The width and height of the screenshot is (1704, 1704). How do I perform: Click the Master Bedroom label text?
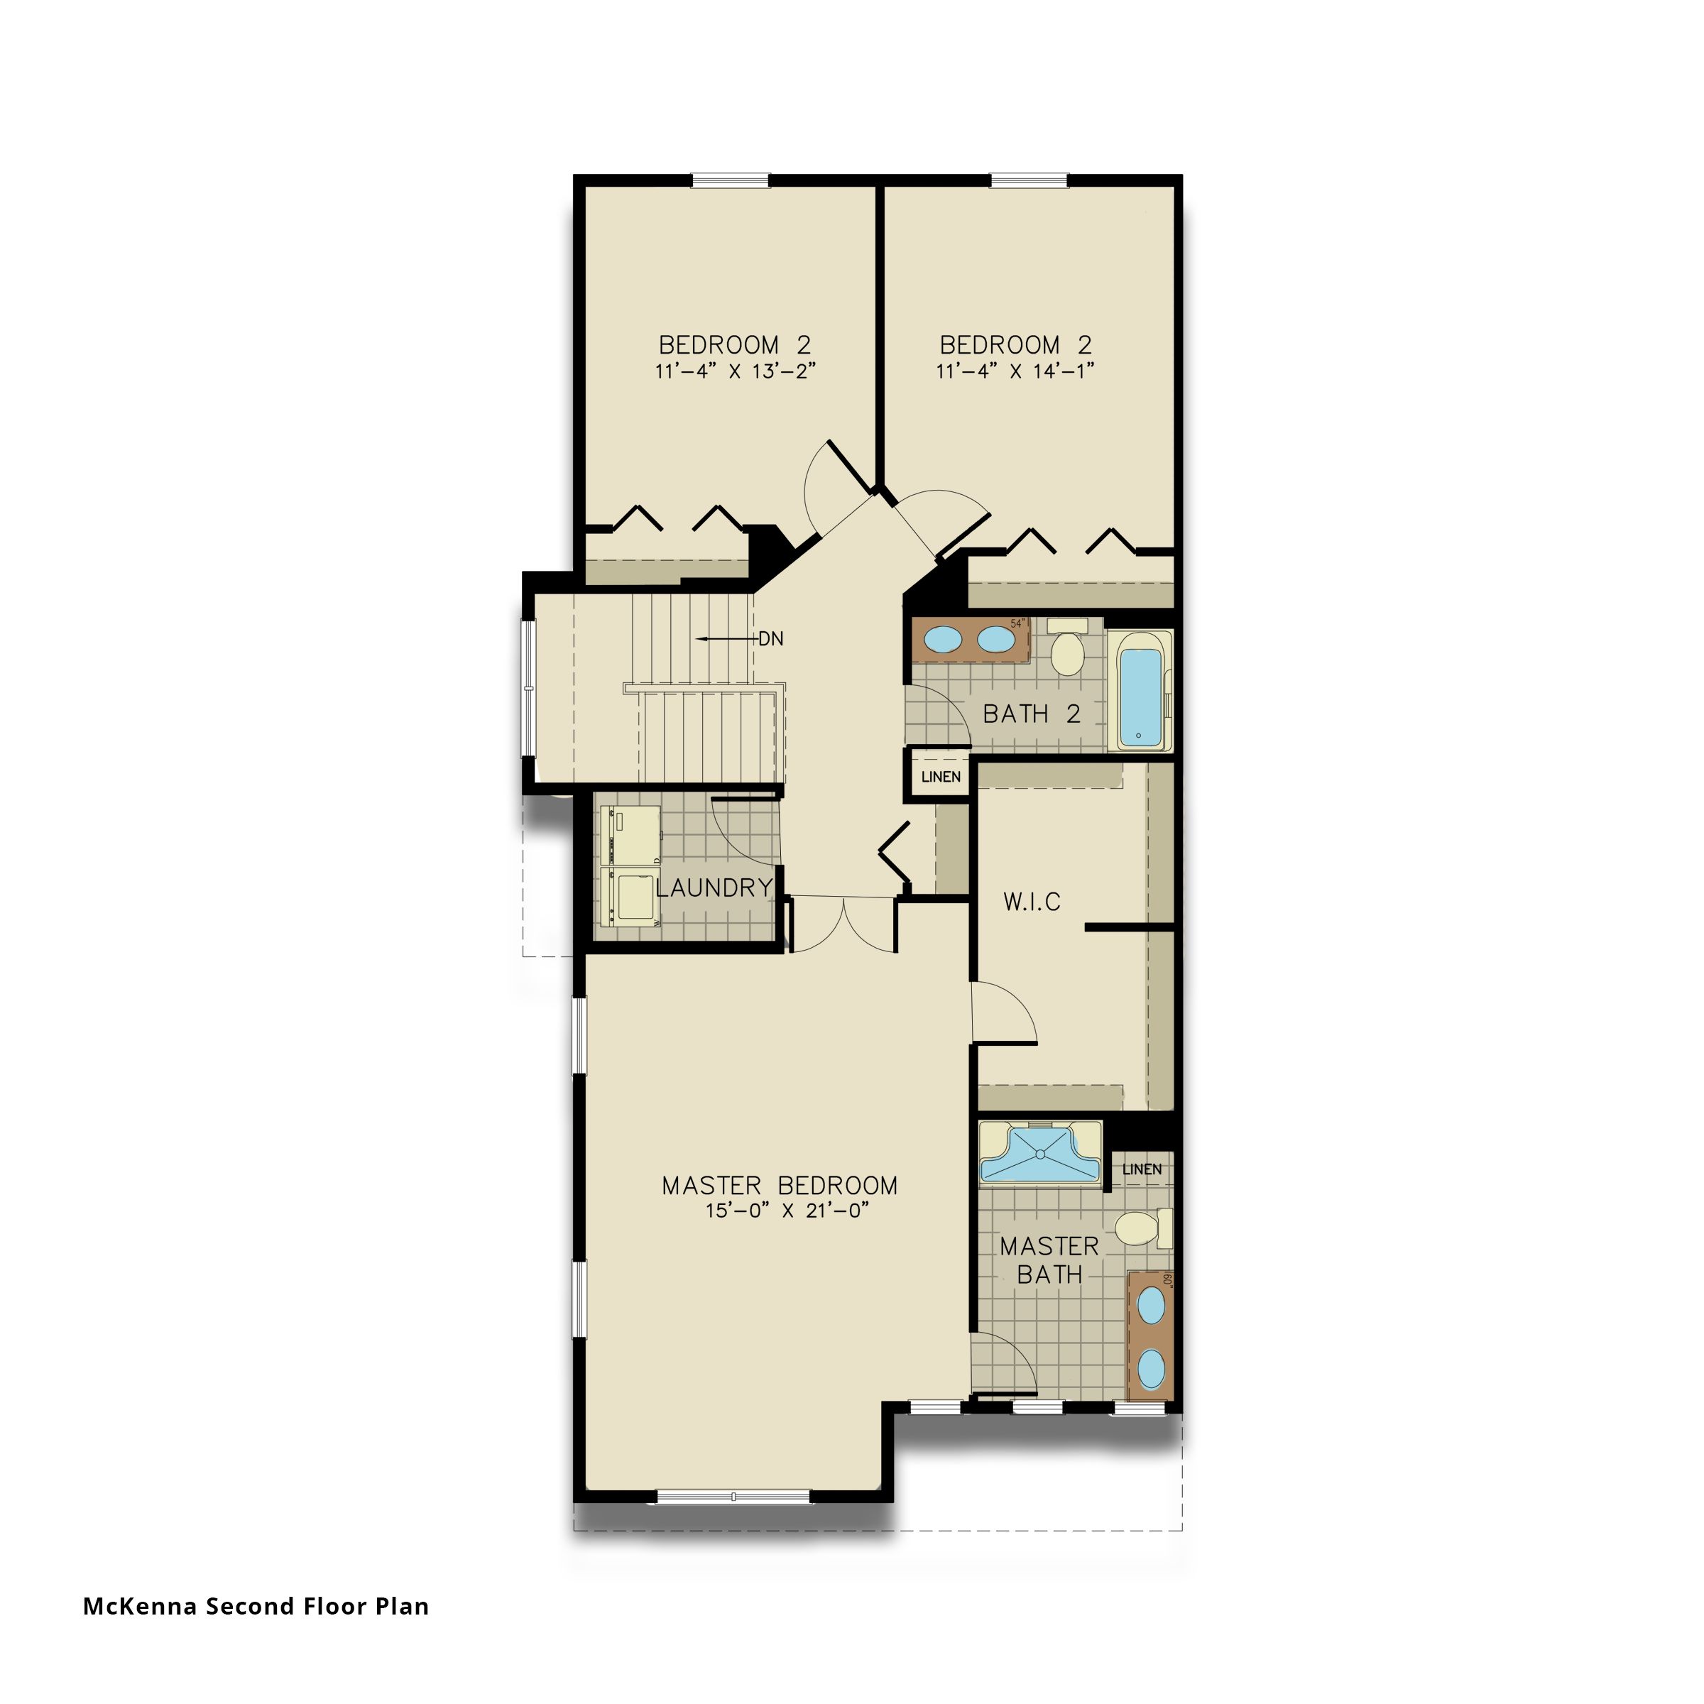(780, 1186)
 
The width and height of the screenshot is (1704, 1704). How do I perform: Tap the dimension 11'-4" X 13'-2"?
(735, 371)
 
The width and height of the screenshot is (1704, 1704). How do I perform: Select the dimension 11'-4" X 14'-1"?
(1015, 371)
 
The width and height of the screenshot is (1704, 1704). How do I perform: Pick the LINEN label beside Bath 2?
(940, 777)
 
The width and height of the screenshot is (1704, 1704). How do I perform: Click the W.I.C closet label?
(1032, 902)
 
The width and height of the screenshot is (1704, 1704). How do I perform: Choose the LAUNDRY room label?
(714, 888)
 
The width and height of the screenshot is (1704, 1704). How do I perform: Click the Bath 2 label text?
(1031, 714)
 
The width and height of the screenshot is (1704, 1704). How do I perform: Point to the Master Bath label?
(1049, 1260)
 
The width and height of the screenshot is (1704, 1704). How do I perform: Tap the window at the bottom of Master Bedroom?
(733, 1497)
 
